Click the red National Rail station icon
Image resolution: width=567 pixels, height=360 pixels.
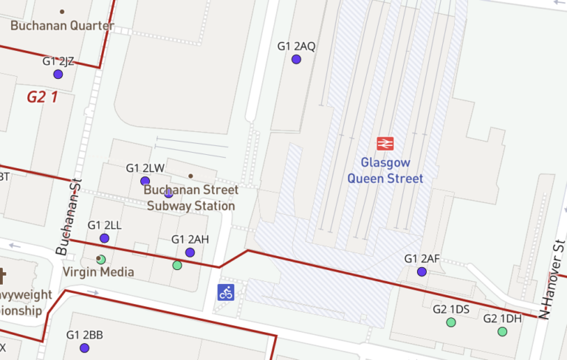(385, 143)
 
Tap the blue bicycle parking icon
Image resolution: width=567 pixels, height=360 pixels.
(226, 292)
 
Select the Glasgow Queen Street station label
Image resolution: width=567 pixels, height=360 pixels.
(385, 170)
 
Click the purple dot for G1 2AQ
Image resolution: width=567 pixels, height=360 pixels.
(296, 60)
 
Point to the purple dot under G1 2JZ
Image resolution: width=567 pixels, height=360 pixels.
(58, 75)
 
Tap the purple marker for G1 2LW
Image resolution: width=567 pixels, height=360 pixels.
(145, 181)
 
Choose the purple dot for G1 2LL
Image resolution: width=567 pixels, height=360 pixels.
(104, 238)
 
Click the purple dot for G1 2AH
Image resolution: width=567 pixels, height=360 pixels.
(190, 252)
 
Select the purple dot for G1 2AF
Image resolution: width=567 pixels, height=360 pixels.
(422, 271)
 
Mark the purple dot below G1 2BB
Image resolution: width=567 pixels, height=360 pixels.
(84, 348)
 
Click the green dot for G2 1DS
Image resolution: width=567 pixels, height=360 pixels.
(451, 322)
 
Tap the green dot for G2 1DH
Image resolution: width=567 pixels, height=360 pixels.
(502, 332)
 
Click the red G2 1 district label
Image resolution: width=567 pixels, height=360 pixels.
(42, 97)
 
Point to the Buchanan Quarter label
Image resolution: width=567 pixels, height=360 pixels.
(62, 26)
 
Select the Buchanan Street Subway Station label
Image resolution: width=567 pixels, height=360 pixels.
(190, 198)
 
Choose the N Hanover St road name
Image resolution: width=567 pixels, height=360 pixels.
(553, 277)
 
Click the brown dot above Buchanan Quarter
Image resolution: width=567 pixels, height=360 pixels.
(62, 12)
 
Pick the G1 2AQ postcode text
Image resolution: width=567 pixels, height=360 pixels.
(296, 46)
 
